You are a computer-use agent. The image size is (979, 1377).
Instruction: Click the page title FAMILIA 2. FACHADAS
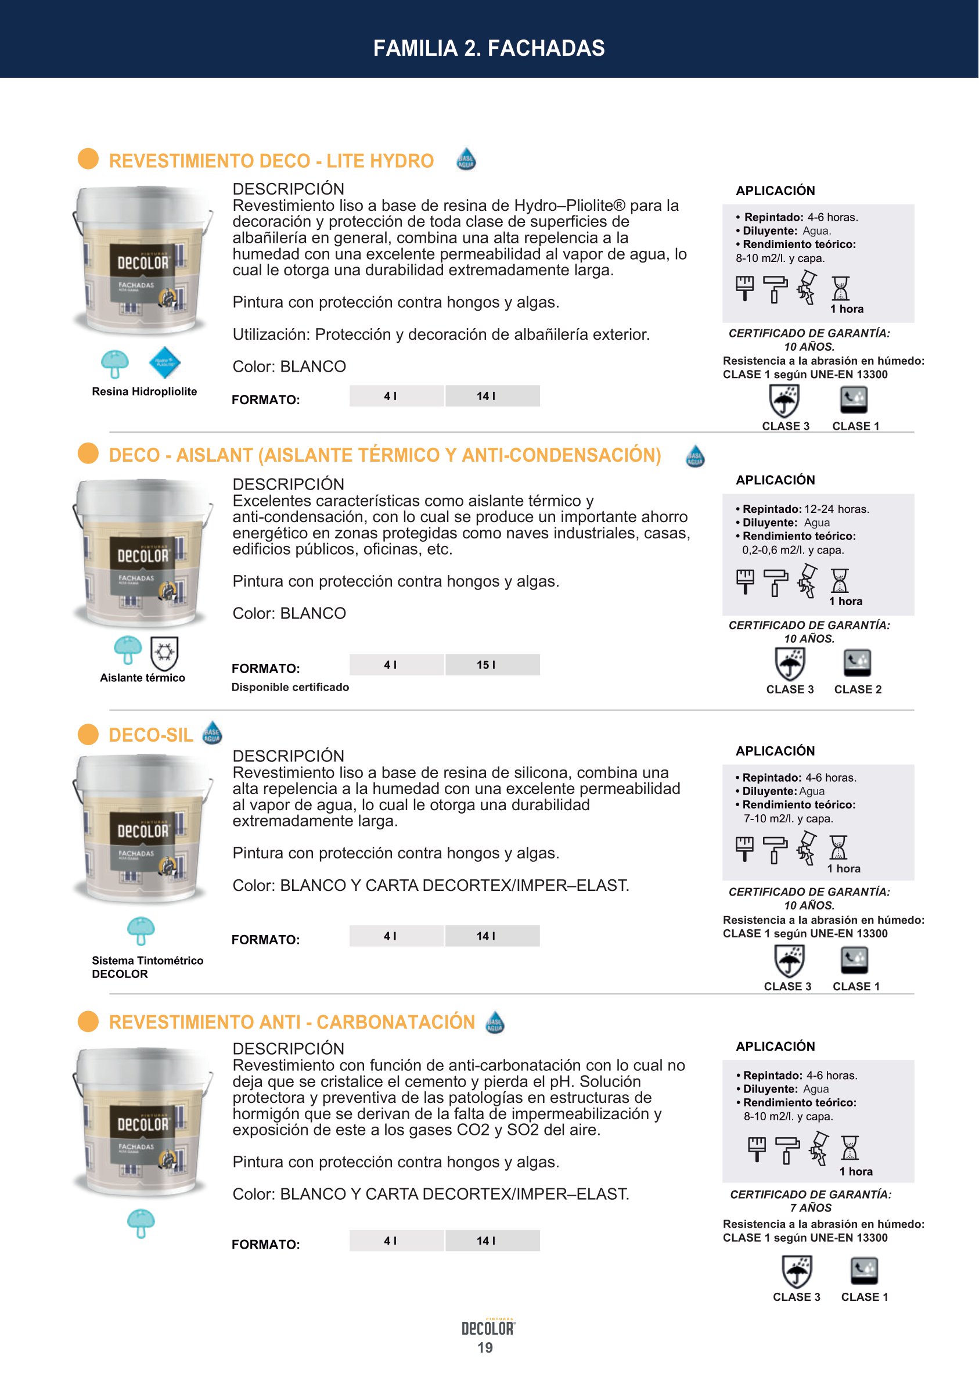click(489, 48)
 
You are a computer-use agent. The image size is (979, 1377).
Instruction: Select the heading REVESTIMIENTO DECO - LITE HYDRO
click(271, 161)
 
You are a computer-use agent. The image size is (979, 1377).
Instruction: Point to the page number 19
click(485, 1348)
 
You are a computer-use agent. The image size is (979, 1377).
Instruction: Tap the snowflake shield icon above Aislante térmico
click(164, 653)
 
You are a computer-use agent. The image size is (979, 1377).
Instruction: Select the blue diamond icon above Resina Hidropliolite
click(164, 363)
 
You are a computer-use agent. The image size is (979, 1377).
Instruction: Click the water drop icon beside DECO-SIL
click(211, 733)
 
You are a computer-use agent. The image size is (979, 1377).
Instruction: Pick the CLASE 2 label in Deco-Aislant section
click(858, 690)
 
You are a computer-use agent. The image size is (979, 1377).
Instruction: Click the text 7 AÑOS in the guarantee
click(811, 1208)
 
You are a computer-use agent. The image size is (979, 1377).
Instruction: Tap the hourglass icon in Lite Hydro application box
click(840, 288)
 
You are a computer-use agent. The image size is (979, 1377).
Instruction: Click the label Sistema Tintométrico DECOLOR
click(147, 967)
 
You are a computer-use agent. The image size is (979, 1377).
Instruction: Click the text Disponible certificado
click(290, 687)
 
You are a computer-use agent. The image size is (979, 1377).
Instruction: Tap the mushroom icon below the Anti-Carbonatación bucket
click(141, 1223)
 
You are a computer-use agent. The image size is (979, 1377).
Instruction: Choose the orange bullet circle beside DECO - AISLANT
click(88, 454)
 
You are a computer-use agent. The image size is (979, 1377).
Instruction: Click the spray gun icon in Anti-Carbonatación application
click(819, 1149)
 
